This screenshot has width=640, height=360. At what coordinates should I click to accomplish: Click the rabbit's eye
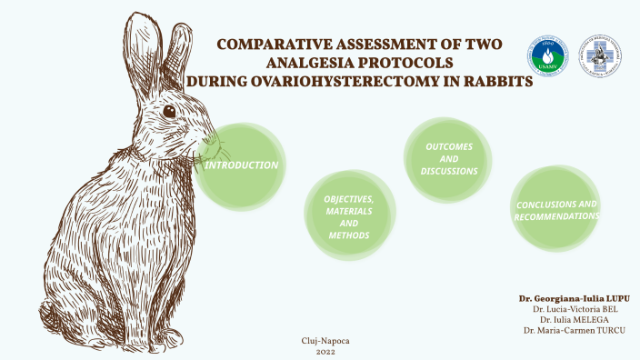tap(169, 111)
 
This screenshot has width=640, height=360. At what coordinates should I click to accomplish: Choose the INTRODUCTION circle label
tap(241, 165)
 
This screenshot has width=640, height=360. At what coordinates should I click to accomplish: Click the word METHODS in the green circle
tap(349, 235)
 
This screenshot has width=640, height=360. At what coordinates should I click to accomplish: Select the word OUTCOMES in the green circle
tap(448, 145)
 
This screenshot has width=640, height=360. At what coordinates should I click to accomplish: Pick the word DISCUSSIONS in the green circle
tap(448, 171)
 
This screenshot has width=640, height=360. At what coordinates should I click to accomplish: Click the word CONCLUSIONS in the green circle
tap(556, 204)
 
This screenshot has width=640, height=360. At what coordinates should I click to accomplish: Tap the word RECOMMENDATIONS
tap(556, 216)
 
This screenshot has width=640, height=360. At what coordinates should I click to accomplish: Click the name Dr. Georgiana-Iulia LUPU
tap(574, 298)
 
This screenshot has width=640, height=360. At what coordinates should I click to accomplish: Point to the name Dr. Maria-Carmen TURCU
tap(575, 329)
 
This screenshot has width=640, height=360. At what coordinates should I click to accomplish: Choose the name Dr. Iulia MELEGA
tap(584, 319)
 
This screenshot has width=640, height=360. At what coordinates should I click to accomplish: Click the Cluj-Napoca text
tap(325, 340)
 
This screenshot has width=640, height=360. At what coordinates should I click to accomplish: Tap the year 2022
tap(325, 351)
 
